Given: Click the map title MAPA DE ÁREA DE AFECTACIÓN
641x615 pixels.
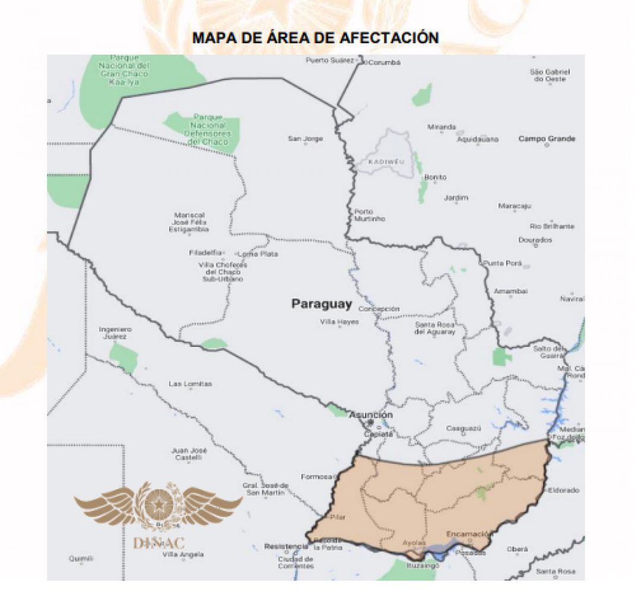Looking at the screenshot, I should click(x=315, y=38).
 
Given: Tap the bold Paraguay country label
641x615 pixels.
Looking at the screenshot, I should click(x=321, y=304).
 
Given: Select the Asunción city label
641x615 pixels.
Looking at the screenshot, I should click(x=370, y=415).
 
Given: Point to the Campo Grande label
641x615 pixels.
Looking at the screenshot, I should click(x=547, y=139).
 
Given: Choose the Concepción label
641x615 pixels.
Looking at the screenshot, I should click(x=379, y=309).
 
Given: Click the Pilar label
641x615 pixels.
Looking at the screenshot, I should click(x=337, y=517).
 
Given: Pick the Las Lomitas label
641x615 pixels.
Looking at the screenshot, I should click(x=190, y=384).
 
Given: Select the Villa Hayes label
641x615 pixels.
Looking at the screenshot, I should click(x=339, y=322).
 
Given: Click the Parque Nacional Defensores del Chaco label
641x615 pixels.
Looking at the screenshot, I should click(x=208, y=130).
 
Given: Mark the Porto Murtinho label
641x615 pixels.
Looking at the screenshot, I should click(x=369, y=215).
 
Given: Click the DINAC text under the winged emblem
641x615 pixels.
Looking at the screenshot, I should click(x=158, y=543).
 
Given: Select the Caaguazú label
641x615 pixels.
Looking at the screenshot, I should click(x=463, y=428).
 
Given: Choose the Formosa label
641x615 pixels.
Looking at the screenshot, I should click(x=315, y=476).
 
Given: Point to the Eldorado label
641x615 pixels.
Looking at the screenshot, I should click(x=563, y=490).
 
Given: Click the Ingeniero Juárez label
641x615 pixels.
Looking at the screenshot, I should click(x=115, y=333).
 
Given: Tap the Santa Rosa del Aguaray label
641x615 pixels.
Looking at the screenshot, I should click(x=435, y=328).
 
